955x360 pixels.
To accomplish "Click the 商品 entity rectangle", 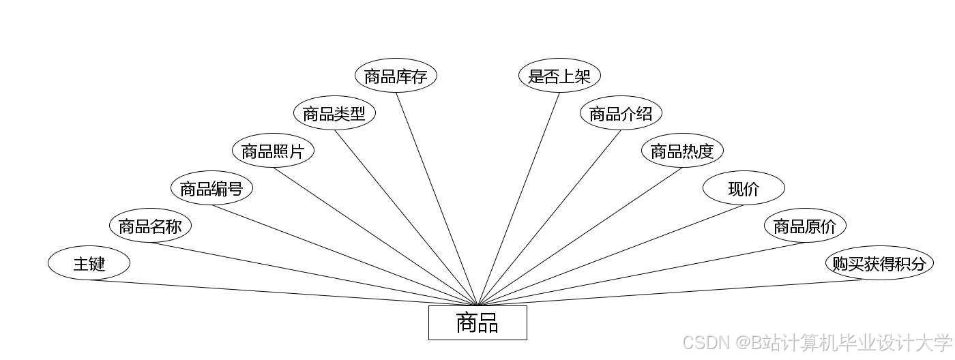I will coord(477,322).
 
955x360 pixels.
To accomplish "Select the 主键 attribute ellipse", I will coord(89,263).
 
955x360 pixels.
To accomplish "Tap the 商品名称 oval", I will coord(150,226).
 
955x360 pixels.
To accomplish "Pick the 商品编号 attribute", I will coord(211,188).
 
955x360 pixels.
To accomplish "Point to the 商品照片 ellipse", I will coord(273,151).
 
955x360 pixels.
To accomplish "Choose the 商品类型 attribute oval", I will coord(334,113).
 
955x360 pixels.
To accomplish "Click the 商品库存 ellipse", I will coord(396,76).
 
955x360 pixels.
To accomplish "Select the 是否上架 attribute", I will coord(559,76).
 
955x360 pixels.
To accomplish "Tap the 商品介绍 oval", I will coord(621,113).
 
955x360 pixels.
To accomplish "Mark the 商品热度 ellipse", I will coord(682,151).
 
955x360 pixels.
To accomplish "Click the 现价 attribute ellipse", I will coord(744,188).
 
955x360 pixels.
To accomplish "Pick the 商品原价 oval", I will coord(805,226).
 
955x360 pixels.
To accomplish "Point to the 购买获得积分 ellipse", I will coord(879,263).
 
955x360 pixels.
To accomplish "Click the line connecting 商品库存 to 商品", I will coord(437,198).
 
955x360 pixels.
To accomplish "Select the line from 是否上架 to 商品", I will coord(518,198).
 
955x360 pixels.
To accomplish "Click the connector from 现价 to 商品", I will coord(611,255).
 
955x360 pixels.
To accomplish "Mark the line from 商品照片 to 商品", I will coord(375,236).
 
